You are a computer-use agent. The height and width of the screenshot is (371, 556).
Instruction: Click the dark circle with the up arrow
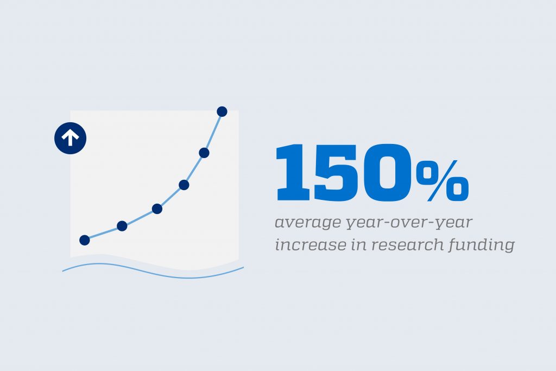pyautogui.click(x=70, y=138)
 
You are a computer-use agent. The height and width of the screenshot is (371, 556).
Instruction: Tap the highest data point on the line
pyautogui.click(x=222, y=111)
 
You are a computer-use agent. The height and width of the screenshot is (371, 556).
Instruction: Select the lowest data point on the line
pyautogui.click(x=84, y=240)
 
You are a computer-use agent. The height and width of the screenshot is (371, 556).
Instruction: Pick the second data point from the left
pyautogui.click(x=122, y=226)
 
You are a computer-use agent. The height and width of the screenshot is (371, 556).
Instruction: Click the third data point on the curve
pyautogui.click(x=157, y=209)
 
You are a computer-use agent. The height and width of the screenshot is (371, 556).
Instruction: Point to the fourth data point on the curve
pyautogui.click(x=184, y=185)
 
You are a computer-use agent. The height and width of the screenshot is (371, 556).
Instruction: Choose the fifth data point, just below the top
pyautogui.click(x=204, y=153)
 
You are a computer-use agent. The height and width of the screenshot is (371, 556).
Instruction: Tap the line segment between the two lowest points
pyautogui.click(x=103, y=233)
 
